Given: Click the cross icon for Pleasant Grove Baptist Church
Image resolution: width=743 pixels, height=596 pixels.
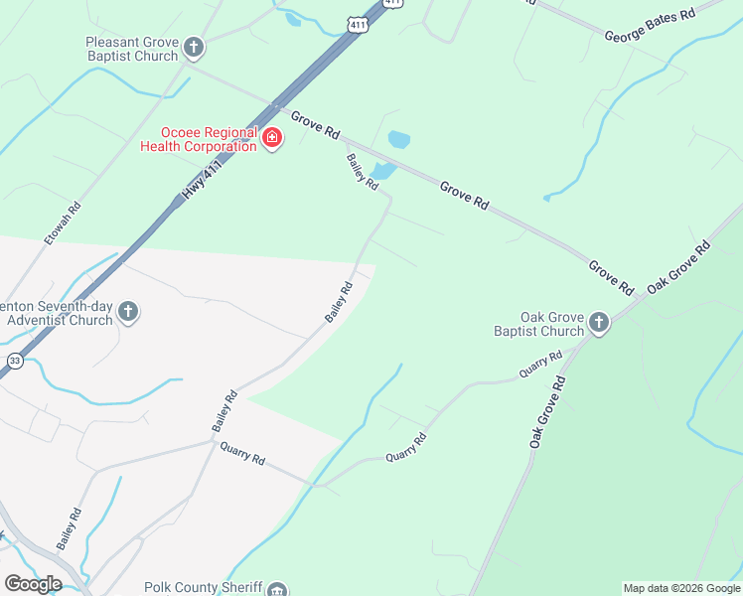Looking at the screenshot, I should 195,47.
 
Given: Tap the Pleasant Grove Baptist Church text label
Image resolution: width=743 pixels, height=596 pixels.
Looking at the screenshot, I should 132,49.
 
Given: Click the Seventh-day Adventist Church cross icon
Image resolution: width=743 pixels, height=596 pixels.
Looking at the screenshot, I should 127,313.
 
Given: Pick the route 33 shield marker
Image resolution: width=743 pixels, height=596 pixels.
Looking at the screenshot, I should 14,361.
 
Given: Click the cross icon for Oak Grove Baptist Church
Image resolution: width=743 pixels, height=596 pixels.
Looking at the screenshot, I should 598,323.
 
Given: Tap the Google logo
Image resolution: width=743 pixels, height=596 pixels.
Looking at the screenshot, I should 33,584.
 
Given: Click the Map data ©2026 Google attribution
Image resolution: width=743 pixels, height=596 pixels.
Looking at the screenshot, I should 681,588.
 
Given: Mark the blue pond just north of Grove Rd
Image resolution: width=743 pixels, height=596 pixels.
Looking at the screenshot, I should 398,140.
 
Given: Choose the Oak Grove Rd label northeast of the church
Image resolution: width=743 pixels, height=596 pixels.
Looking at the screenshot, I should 679,266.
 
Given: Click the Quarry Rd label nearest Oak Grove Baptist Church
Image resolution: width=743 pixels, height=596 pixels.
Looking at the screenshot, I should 541,366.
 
